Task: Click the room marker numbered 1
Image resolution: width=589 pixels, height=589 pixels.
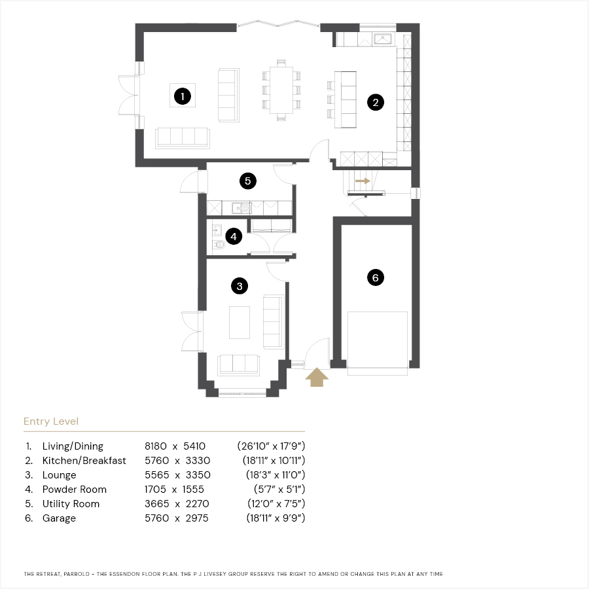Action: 183,96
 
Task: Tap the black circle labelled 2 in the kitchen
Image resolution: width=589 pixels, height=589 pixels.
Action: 376,102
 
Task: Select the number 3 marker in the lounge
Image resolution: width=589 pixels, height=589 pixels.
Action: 240,286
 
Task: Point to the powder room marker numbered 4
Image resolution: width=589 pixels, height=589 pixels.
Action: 234,236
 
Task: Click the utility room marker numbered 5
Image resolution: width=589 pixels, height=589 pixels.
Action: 248,181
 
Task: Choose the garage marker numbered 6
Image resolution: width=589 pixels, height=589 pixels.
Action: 376,277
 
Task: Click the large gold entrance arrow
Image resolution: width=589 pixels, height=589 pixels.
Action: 317,377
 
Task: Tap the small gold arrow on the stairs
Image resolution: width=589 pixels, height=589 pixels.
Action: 363,181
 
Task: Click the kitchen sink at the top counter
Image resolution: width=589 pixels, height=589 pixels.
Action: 382,39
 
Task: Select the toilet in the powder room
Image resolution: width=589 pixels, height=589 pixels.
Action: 219,245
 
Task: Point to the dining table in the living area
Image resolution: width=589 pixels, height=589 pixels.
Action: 281,90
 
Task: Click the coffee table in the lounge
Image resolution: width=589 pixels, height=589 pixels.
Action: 240,322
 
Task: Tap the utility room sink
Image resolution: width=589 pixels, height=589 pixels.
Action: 241,207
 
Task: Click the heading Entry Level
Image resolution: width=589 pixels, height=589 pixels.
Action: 51,421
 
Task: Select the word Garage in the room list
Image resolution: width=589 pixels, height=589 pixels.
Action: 59,518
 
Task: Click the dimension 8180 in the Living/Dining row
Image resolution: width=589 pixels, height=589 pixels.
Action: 156,446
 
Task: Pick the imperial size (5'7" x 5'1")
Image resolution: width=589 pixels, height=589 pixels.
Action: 279,489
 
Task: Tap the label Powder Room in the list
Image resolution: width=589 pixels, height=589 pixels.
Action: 75,489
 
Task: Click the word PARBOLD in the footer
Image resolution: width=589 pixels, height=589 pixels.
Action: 77,574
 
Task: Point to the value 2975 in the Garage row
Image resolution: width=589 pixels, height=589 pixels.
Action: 197,518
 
